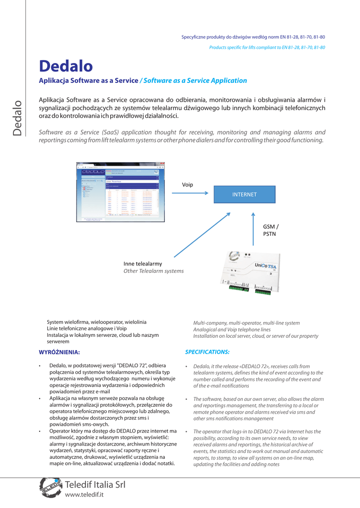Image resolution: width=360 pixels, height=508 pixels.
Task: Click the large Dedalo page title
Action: [66, 66]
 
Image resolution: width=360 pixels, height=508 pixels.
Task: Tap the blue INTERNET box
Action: [244, 194]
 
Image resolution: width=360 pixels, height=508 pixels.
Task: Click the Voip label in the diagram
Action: [187, 185]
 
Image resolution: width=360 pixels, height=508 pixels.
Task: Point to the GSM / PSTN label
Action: [271, 230]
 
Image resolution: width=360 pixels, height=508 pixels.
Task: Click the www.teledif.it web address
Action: [84, 495]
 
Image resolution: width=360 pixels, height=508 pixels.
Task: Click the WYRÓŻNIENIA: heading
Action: [60, 352]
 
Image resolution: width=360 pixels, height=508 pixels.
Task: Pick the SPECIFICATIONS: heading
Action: [207, 352]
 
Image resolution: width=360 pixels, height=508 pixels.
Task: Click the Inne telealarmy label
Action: [143, 263]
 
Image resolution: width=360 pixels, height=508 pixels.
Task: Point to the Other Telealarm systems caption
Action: [153, 271]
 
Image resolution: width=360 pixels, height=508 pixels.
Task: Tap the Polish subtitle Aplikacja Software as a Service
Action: [88, 80]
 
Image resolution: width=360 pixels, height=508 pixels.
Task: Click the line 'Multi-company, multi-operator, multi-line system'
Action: [246, 323]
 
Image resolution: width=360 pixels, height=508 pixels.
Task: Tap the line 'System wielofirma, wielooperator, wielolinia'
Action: [96, 322]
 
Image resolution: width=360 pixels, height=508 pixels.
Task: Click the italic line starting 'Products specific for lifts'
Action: [267, 47]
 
